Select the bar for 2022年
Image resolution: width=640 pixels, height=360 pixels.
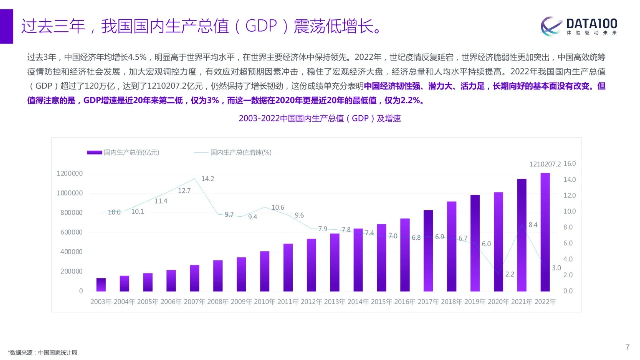(545, 232)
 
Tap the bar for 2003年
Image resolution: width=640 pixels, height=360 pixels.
(101, 285)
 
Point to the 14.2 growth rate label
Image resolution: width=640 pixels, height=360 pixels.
(208, 179)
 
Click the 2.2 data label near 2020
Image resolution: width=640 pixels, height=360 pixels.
(510, 274)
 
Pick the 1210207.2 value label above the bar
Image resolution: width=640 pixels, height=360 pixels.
(545, 164)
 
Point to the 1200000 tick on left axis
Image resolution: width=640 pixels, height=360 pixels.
(70, 174)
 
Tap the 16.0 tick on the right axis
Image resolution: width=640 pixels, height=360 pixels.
(570, 164)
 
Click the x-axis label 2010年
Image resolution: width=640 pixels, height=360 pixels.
(264, 302)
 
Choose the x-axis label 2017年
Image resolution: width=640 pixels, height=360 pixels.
(428, 302)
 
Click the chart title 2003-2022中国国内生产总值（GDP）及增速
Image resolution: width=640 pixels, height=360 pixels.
(320, 119)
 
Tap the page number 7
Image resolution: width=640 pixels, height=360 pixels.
(627, 348)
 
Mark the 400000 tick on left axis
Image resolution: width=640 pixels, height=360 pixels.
(70, 252)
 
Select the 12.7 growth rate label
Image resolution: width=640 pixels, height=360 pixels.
(184, 190)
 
